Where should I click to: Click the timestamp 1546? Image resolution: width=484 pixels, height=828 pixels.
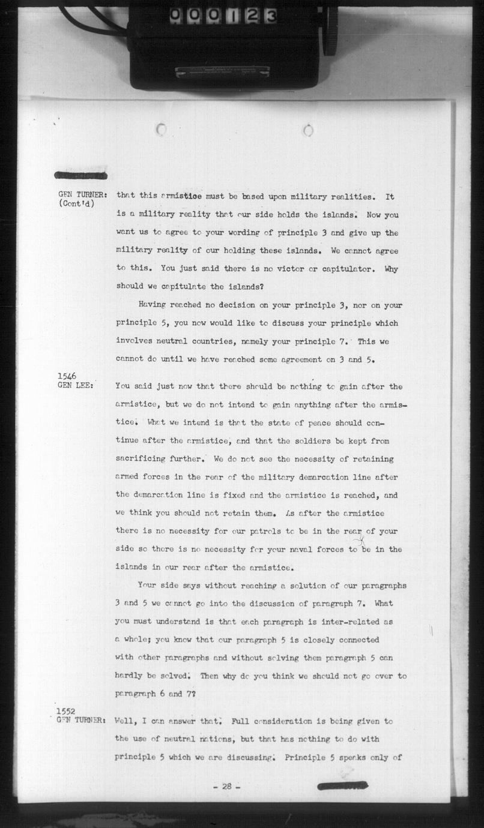point(67,377)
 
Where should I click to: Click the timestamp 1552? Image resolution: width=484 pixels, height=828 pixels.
point(67,712)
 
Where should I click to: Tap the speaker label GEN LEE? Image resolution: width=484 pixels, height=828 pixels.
point(75,386)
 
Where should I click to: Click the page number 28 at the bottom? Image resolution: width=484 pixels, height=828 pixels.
point(226,787)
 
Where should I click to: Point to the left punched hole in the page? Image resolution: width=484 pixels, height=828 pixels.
point(160,129)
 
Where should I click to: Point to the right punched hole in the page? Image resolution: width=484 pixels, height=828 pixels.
point(308,130)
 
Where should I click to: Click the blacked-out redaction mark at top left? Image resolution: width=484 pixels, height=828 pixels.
point(80,175)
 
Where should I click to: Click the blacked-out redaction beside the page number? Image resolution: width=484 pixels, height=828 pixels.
point(342,785)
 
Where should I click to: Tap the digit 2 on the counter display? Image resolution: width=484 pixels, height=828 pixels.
point(253,16)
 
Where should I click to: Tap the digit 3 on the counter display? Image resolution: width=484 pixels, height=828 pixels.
point(270,16)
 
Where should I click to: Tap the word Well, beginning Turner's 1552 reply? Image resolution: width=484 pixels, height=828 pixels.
point(127,721)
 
